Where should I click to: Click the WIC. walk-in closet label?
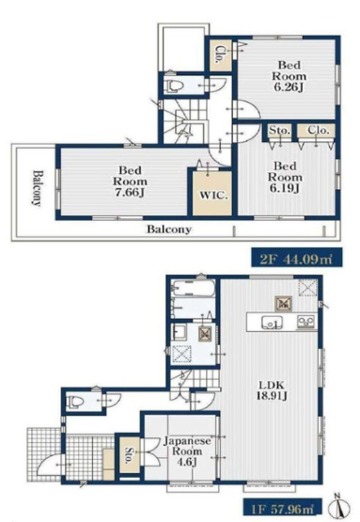pyautogui.click(x=213, y=196)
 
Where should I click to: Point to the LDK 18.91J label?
pyautogui.click(x=272, y=390)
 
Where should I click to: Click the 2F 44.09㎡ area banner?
pyautogui.click(x=296, y=258)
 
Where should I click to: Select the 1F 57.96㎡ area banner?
pyautogui.click(x=282, y=507)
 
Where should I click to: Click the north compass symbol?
pyautogui.click(x=339, y=507)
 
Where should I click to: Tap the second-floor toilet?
pyautogui.click(x=176, y=87)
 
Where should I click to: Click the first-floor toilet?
pyautogui.click(x=74, y=402)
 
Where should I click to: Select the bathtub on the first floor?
pyautogui.click(x=192, y=289)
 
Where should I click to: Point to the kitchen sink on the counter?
pyautogui.click(x=272, y=323)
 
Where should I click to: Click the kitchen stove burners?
pyautogui.click(x=305, y=322)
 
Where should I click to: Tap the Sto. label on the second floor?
pyautogui.click(x=279, y=130)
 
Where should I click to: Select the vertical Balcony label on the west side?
pyautogui.click(x=38, y=188)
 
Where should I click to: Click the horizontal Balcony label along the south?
pyautogui.click(x=169, y=229)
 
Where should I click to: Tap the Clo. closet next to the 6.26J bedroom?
pyautogui.click(x=220, y=55)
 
